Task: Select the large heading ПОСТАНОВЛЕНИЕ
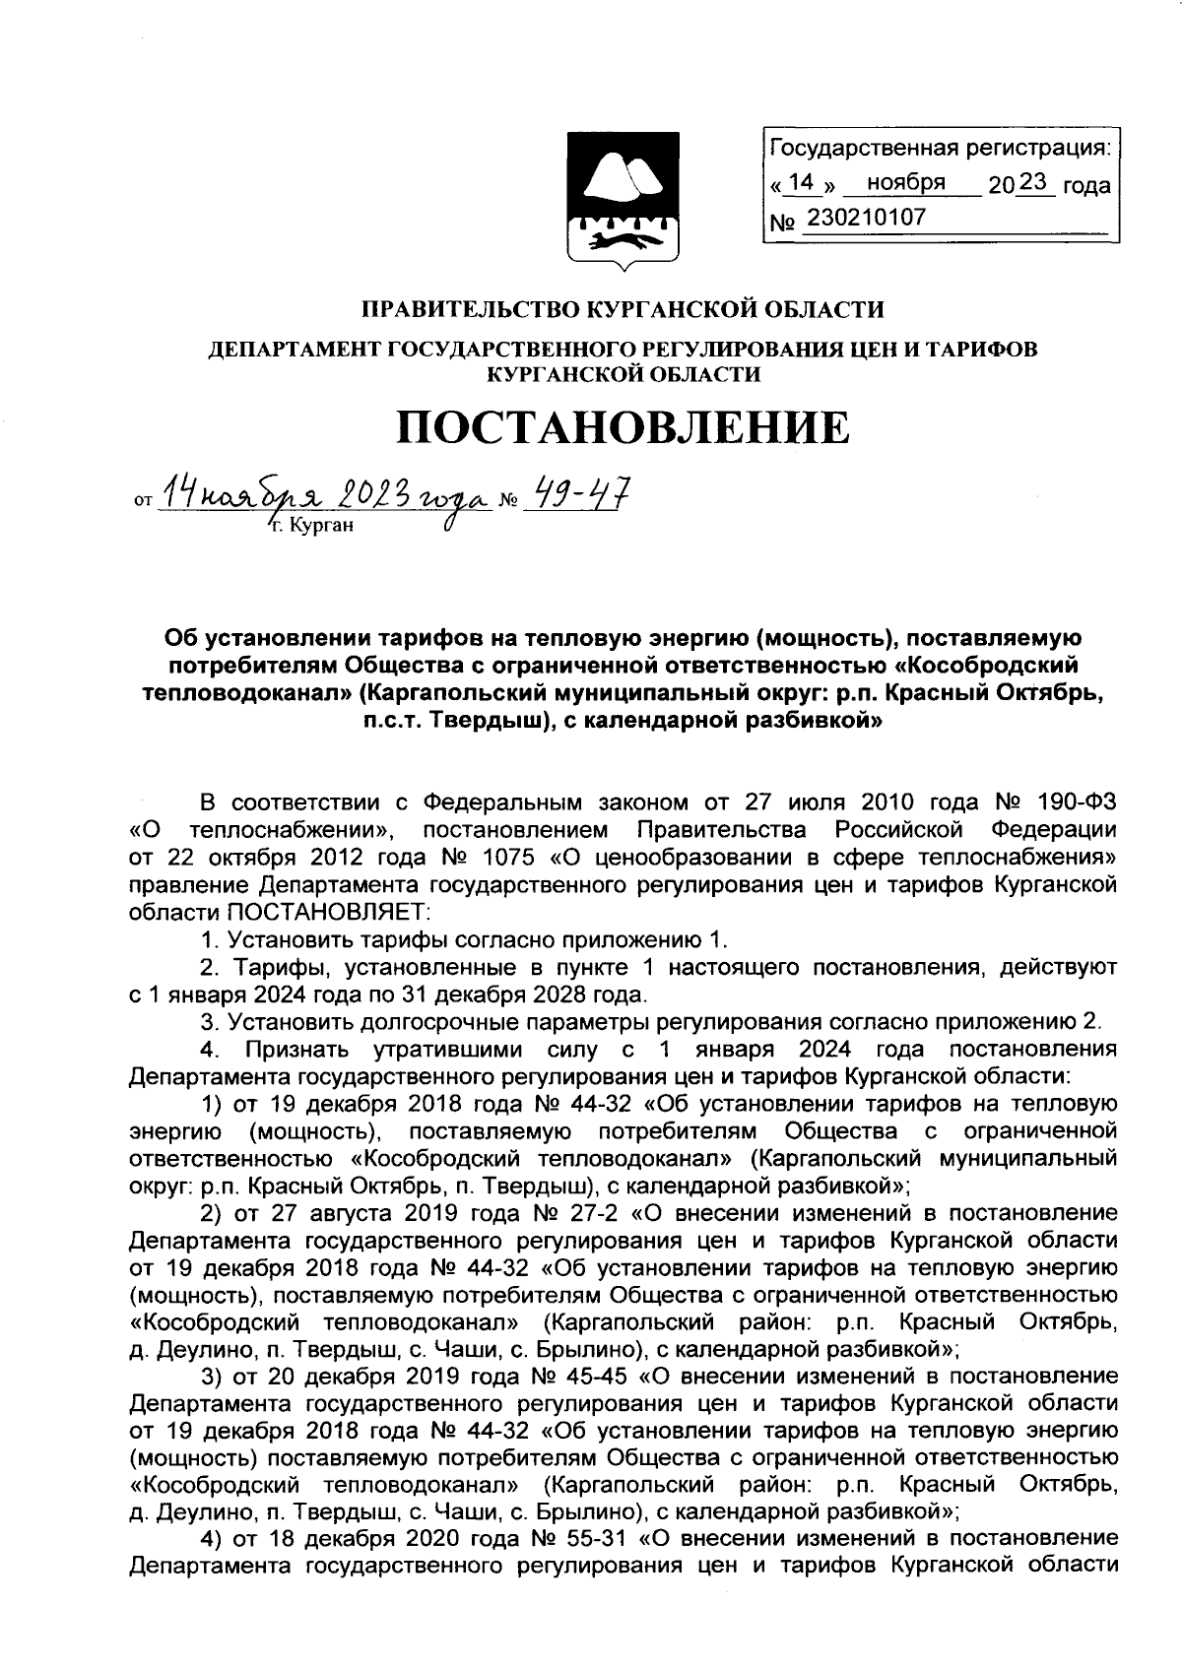[x=622, y=428]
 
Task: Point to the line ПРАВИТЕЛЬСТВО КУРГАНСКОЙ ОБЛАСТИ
[x=621, y=310]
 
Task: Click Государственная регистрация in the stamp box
[x=939, y=149]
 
